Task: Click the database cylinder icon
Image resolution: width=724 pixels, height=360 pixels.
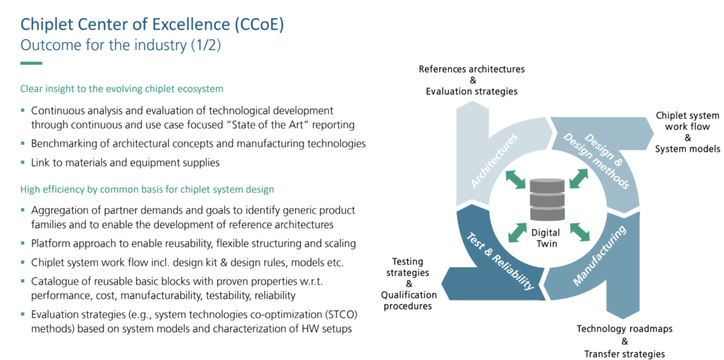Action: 548,198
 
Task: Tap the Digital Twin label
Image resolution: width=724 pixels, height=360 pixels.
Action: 548,239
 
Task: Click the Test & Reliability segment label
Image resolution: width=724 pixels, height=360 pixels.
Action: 499,260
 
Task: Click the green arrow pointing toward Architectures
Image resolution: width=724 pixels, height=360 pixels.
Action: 516,179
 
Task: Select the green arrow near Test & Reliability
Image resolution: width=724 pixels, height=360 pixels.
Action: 518,232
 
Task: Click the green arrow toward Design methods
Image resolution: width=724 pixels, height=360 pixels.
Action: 579,178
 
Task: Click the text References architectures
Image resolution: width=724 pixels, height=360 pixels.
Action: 471,70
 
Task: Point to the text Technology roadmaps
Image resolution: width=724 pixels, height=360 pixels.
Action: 624,329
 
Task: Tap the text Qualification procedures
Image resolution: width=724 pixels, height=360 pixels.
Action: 409,300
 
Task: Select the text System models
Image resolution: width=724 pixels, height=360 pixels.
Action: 688,149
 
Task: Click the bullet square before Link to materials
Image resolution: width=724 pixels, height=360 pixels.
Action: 23,162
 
